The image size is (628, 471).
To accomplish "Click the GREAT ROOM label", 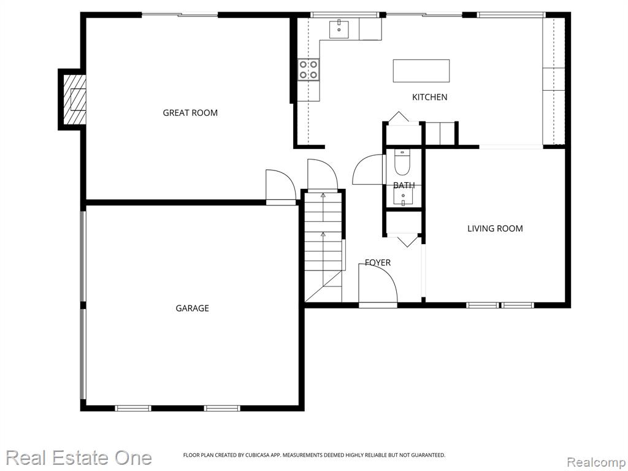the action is click(190, 113).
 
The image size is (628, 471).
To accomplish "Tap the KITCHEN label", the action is click(430, 97).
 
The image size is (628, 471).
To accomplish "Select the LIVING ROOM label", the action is click(495, 228).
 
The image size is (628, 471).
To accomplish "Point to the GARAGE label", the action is click(192, 308).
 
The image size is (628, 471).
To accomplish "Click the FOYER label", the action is click(378, 262).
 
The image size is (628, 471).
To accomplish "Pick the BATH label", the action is click(404, 185).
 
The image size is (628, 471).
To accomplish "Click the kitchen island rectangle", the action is click(421, 71).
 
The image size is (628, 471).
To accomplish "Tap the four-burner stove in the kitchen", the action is click(309, 69).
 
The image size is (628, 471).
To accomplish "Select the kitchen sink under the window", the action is click(339, 29).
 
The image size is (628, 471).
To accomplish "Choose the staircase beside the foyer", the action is click(323, 247).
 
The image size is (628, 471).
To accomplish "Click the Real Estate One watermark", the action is click(79, 458).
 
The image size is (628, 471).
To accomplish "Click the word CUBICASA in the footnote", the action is click(253, 455).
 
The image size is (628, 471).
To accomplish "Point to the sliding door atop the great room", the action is click(180, 15).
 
